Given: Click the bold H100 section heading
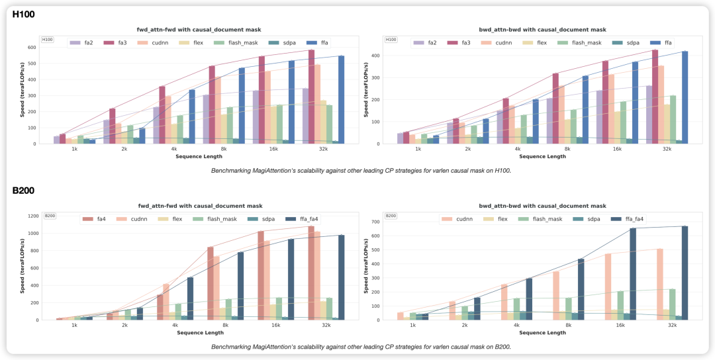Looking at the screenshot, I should point(24,15).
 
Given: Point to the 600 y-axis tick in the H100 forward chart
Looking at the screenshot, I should point(31,48).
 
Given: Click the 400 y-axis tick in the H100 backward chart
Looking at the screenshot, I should point(375,56).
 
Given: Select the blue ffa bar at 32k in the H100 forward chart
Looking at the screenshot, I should point(342,99).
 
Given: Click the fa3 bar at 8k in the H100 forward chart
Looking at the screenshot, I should point(212,105).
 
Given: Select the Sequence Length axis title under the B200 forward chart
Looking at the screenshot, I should point(197,332).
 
